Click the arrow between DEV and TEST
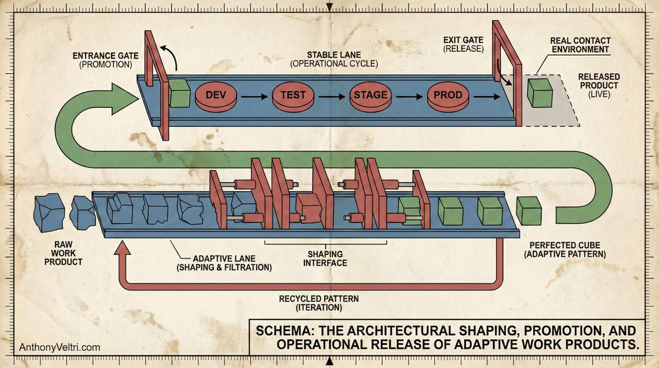254,96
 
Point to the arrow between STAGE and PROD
409,96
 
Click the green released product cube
540,93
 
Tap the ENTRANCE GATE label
105,60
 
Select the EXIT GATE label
463,44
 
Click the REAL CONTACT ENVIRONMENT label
580,45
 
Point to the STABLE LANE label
334,59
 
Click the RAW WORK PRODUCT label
63,253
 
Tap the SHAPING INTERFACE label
325,258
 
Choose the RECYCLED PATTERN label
319,303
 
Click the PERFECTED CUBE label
565,250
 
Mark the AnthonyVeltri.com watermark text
59,347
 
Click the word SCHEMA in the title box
285,331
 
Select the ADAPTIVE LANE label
224,263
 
